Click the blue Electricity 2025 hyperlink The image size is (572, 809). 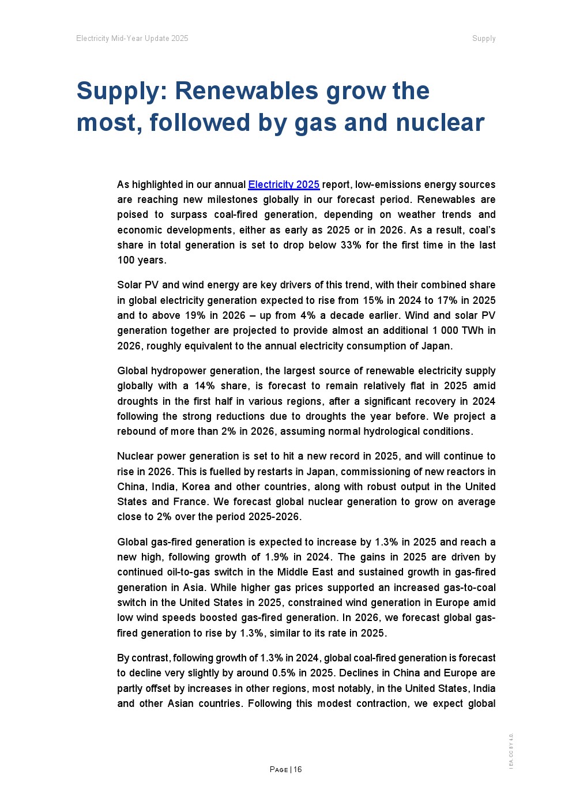pos(284,185)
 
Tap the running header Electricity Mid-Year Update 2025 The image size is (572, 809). pos(132,39)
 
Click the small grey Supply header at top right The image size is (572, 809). pos(484,39)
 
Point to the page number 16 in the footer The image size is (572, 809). pos(298,769)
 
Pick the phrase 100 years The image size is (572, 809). pos(142,260)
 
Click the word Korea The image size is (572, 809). pos(195,487)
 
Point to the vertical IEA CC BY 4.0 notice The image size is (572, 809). pos(511,751)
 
